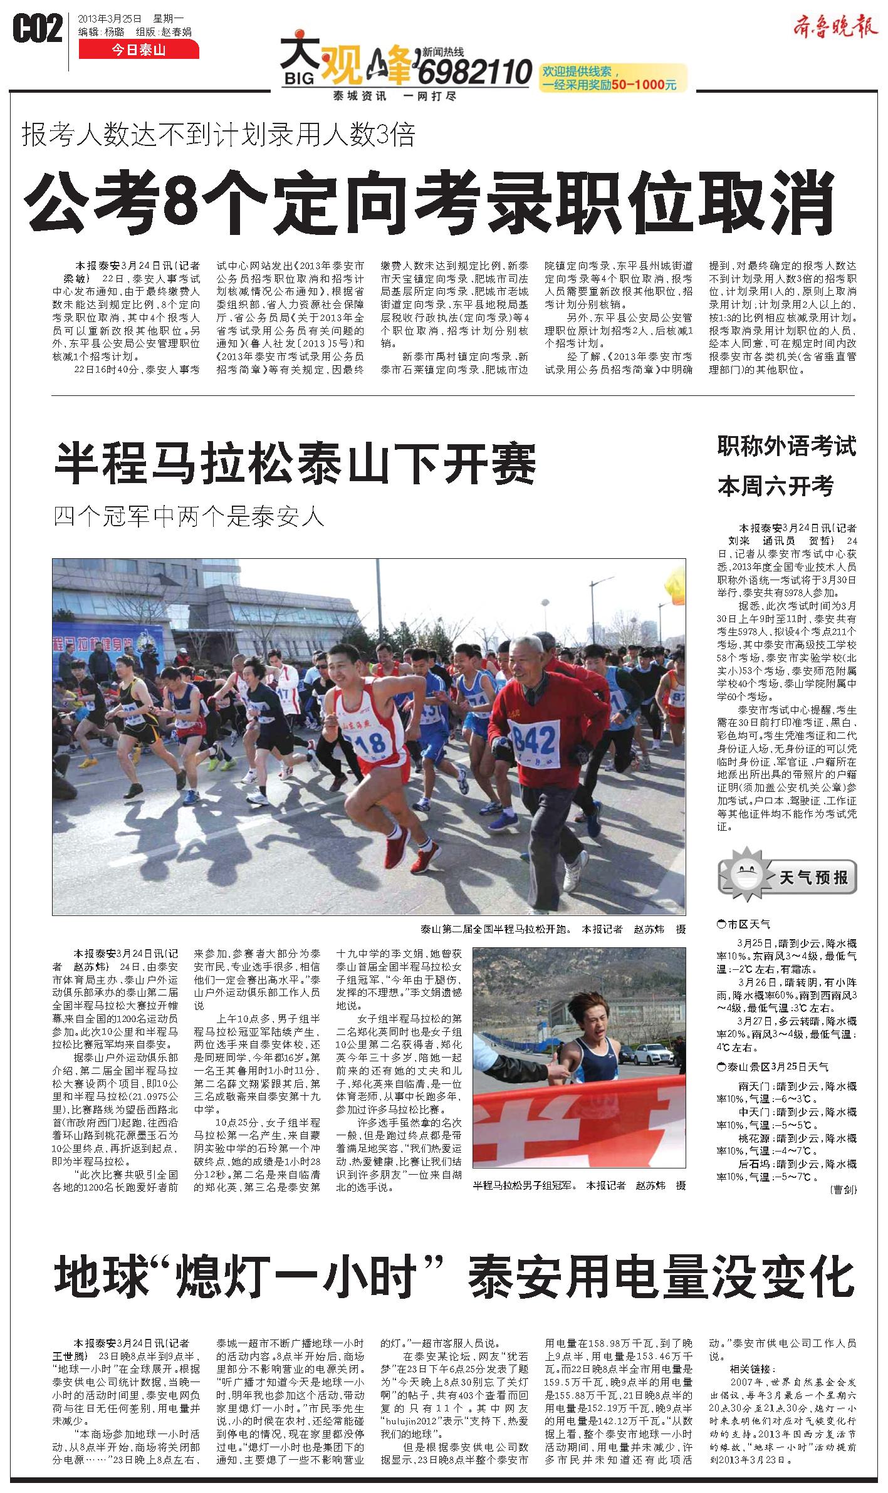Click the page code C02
(x=38, y=30)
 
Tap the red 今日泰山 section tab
(x=138, y=50)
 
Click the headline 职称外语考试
(x=786, y=447)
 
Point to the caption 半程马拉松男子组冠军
(x=523, y=1185)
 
